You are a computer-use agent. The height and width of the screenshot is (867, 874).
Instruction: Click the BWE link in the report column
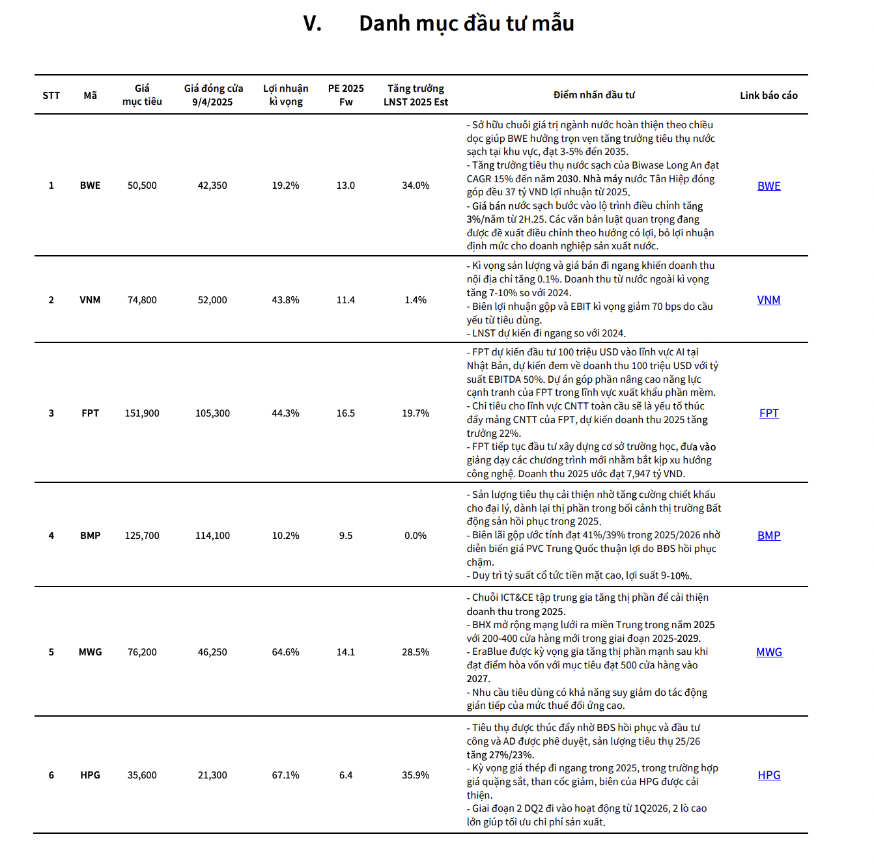768,186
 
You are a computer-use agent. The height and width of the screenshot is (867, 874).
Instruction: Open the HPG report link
768,775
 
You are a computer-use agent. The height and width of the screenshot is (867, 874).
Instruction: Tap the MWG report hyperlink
768,652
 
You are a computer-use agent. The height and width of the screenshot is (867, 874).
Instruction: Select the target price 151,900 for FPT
142,413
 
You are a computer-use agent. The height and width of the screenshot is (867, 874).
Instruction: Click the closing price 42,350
212,186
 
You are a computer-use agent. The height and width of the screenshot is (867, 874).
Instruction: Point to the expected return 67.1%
285,775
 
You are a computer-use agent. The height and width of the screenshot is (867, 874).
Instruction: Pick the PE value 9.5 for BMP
346,536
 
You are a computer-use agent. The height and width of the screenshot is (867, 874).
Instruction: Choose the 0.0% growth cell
416,536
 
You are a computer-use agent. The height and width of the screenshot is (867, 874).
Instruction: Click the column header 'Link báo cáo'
768,96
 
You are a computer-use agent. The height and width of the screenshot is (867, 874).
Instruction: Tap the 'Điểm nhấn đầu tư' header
594,95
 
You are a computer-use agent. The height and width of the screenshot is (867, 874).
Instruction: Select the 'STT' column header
51,96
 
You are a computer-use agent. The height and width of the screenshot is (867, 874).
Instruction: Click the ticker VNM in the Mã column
90,300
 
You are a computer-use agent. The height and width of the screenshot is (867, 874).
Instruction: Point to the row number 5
51,652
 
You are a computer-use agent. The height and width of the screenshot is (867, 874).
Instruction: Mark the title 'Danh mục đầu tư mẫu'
466,24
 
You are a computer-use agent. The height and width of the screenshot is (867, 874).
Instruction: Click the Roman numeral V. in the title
313,24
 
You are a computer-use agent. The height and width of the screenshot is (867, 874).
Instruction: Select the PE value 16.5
346,413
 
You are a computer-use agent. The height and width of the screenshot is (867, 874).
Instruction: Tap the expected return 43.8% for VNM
285,300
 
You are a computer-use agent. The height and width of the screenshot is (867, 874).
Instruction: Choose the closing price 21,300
212,775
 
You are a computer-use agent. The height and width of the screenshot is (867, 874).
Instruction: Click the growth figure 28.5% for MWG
416,652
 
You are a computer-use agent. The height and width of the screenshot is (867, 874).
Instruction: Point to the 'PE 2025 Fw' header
346,95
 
